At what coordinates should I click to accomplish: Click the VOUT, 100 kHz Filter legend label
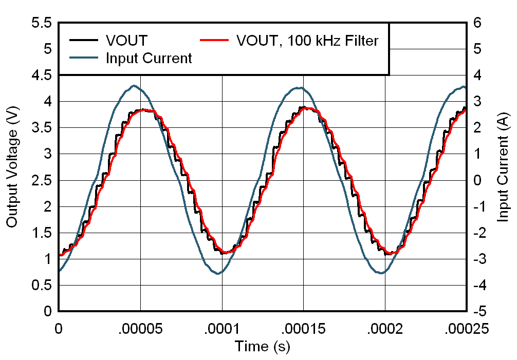pos(307,41)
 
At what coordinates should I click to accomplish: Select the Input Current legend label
pos(149,58)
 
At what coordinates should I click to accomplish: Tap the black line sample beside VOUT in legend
pos(84,40)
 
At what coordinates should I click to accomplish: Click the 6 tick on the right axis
pos(477,23)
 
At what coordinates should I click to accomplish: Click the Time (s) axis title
pos(262,347)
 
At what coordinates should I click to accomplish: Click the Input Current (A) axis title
pos(504,167)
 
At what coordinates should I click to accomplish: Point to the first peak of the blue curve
pos(135,86)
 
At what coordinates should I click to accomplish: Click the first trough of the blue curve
pos(218,273)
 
